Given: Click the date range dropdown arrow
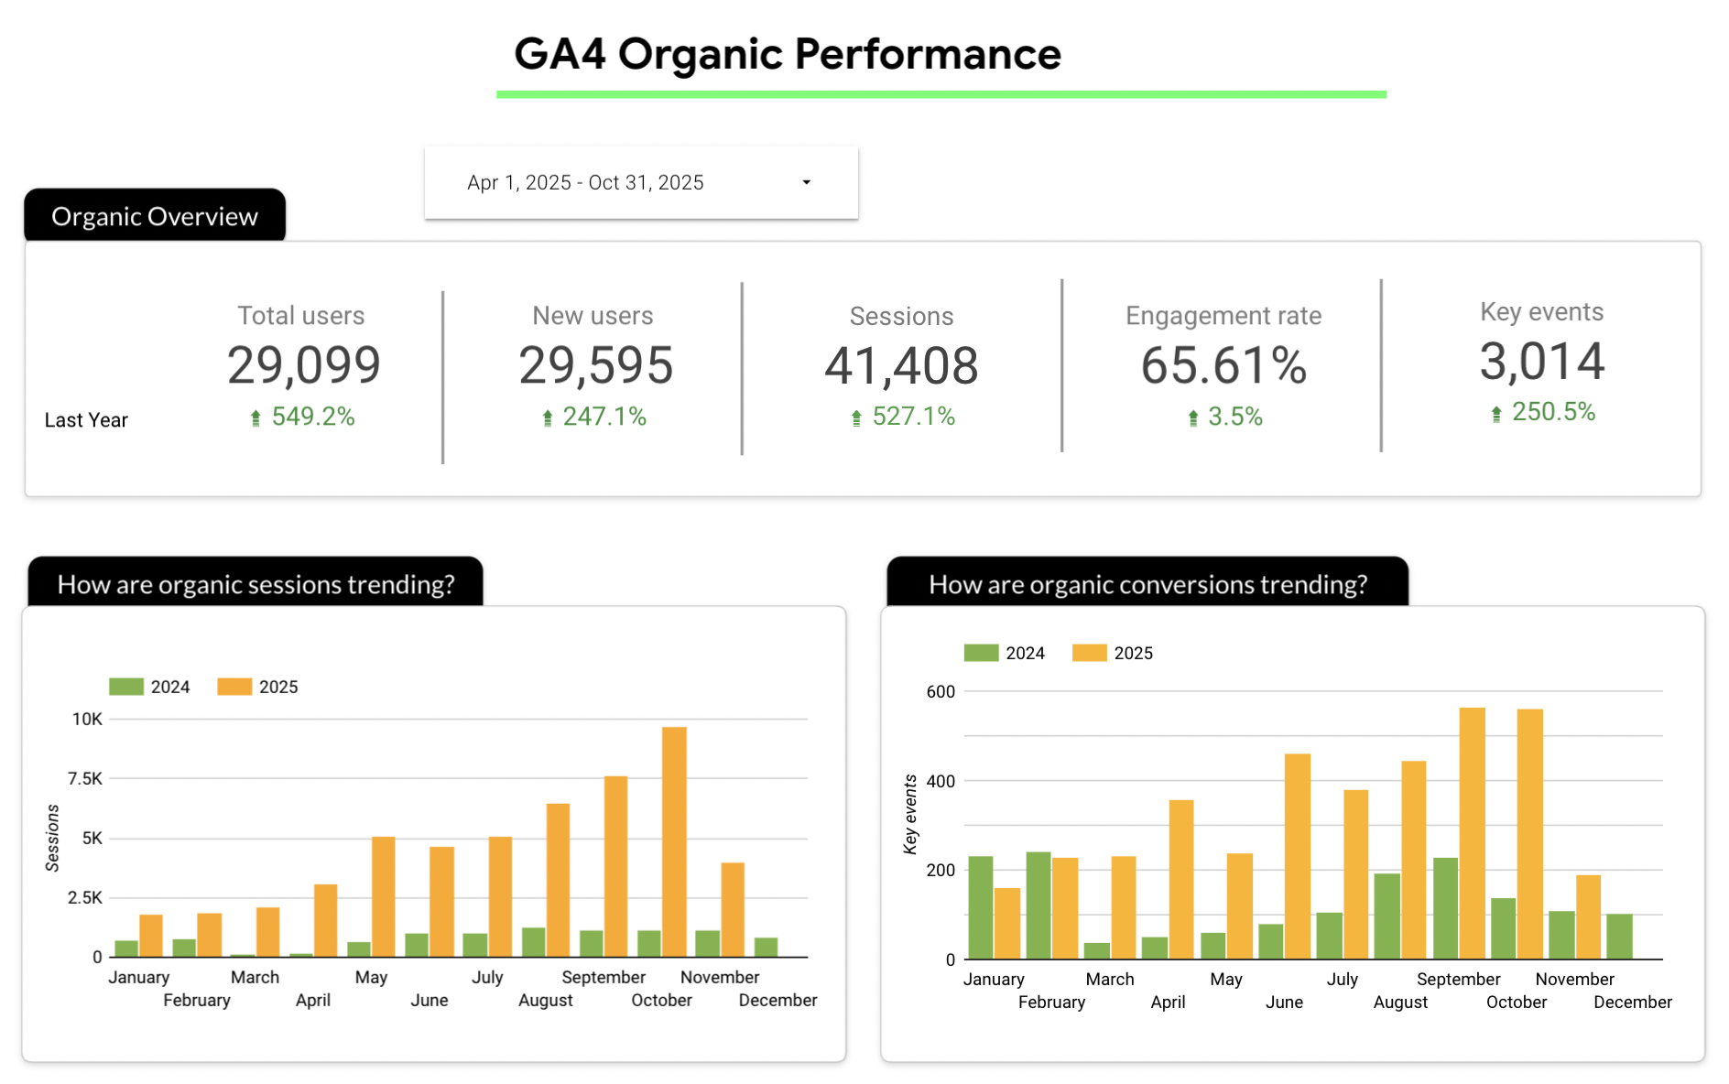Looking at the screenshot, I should (x=806, y=182).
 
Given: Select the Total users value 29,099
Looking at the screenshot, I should (x=303, y=365).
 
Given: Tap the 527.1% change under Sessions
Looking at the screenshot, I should (x=913, y=417).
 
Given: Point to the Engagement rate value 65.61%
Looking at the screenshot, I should (x=1223, y=365).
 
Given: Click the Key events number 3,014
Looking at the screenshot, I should (x=1542, y=361).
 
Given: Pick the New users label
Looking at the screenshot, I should (x=593, y=316).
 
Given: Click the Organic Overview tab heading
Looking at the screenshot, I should (x=155, y=216).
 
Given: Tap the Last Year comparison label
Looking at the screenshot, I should (x=86, y=420).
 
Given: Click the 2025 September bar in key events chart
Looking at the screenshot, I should (x=1472, y=833).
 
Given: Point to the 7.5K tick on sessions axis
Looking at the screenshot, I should (x=85, y=778).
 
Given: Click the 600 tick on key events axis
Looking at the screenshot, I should (x=941, y=691).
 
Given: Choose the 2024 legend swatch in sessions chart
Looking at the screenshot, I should (x=126, y=687).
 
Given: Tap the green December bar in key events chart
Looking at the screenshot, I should (x=1619, y=937).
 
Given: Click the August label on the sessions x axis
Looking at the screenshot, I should (x=545, y=1001).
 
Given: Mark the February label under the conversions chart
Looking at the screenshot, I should (x=1051, y=1003).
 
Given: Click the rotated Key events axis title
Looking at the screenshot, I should (x=910, y=814).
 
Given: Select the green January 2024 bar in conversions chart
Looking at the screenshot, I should (x=980, y=907).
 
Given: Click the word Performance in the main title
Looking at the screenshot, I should (x=928, y=54).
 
